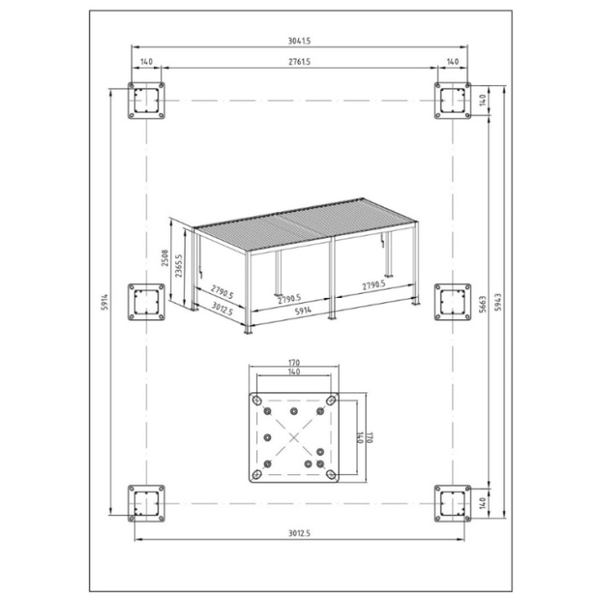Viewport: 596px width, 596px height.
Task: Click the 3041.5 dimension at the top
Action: click(299, 41)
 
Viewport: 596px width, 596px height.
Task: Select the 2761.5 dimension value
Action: click(299, 61)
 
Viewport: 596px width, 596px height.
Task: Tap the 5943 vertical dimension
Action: click(498, 301)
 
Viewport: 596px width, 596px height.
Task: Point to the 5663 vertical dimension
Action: click(483, 304)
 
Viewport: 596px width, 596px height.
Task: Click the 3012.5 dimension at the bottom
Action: click(299, 533)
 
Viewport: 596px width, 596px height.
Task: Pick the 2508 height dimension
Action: click(164, 258)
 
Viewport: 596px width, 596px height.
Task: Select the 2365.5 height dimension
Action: click(179, 266)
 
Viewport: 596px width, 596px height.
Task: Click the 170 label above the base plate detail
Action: click(294, 363)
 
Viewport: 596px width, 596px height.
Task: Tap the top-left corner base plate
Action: click(146, 100)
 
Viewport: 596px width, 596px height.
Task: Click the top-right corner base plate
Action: click(453, 100)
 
